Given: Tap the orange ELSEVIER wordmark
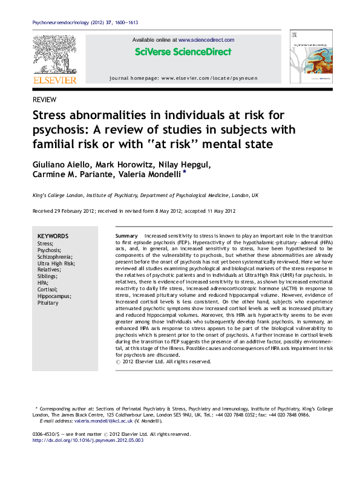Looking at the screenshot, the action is click(54, 80).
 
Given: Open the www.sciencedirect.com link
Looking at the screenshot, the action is click(206, 40).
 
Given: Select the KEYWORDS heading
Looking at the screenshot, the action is click(53, 236).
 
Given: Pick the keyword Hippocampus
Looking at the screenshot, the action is click(54, 296).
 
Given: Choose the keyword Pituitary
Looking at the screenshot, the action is click(48, 303).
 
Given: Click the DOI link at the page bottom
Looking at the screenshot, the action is click(87, 440).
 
